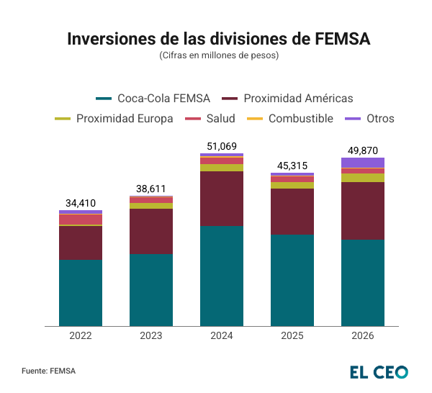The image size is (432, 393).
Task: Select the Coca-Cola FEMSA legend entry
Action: tap(153, 98)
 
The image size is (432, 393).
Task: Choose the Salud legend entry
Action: tap(210, 118)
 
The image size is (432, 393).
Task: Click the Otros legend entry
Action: tap(371, 118)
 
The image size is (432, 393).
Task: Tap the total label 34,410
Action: tap(80, 203)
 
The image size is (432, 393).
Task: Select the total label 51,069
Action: tap(221, 146)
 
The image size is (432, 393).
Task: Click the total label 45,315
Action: tap(292, 166)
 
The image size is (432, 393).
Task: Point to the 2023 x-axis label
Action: tap(150, 336)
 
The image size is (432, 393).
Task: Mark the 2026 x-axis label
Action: tap(362, 336)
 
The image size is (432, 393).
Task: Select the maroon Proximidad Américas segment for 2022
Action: tap(80, 243)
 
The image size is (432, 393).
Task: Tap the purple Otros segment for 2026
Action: tap(362, 163)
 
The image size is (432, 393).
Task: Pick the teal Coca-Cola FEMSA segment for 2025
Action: tap(292, 280)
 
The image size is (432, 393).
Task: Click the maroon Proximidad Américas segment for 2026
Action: tap(362, 211)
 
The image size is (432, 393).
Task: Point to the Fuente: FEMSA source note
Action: tap(48, 371)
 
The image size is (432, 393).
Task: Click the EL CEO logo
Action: tap(379, 371)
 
